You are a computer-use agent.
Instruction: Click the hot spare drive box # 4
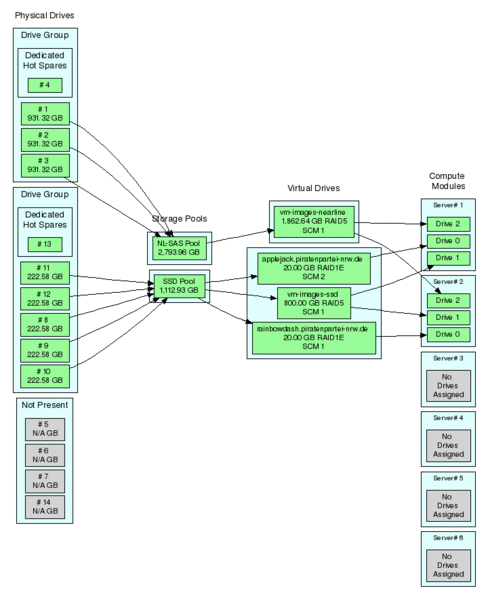pyautogui.click(x=44, y=85)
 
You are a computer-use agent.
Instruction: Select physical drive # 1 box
pyautogui.click(x=44, y=113)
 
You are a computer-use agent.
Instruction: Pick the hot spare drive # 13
pyautogui.click(x=44, y=244)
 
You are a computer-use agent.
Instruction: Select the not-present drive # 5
pyautogui.click(x=44, y=427)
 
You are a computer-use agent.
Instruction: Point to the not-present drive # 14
pyautogui.click(x=44, y=505)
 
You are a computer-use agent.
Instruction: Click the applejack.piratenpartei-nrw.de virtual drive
pyautogui.click(x=314, y=268)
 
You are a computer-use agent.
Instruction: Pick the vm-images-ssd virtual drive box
pyautogui.click(x=313, y=303)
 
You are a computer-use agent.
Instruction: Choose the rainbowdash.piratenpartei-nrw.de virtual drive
pyautogui.click(x=314, y=338)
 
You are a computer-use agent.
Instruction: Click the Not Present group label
pyautogui.click(x=44, y=406)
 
